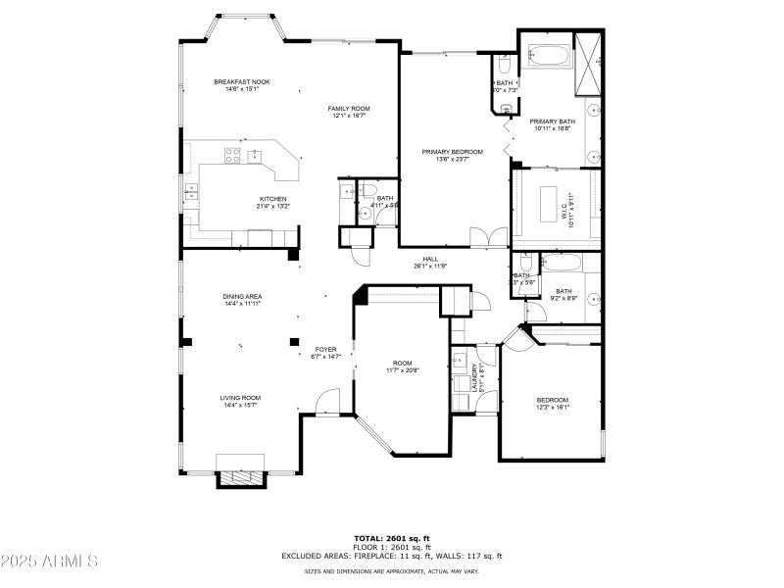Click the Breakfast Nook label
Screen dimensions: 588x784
tap(242, 82)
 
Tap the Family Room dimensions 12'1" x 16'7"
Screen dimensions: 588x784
tap(348, 116)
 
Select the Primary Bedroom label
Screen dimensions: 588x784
tap(453, 152)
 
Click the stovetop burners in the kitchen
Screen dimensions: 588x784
tap(233, 153)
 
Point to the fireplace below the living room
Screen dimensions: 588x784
tap(240, 478)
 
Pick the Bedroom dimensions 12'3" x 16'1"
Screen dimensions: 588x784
tap(552, 408)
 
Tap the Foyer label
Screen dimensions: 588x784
tap(325, 349)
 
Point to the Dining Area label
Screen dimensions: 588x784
tap(241, 296)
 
